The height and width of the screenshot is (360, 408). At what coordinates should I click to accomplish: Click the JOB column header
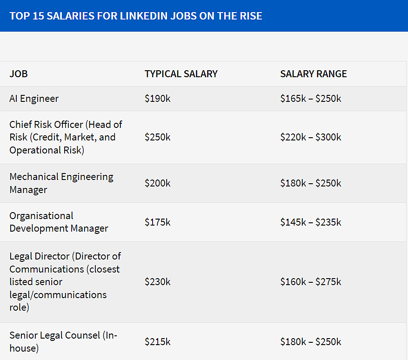19,74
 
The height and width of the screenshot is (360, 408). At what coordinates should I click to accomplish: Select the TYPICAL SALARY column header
181,74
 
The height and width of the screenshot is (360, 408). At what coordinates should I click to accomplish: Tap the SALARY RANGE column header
314,74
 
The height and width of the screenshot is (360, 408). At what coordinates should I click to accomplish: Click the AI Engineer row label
34,99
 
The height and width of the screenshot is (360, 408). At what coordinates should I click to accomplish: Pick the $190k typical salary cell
158,99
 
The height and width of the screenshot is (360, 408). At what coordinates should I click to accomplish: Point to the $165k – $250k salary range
311,99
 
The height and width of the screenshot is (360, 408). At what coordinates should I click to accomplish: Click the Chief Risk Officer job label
66,137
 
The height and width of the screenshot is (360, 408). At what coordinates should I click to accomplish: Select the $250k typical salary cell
158,137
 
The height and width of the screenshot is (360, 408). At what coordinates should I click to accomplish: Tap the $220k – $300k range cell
311,137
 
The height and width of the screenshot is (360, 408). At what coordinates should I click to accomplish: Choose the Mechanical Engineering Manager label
61,183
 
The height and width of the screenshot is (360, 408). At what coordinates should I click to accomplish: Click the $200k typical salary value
158,183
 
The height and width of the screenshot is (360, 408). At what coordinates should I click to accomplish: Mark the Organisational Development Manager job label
59,222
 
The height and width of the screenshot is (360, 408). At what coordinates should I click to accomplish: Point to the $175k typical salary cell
158,222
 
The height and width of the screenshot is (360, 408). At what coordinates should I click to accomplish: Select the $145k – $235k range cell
311,222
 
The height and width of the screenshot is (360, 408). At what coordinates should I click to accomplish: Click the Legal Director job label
65,282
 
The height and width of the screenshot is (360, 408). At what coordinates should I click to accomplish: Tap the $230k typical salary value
158,282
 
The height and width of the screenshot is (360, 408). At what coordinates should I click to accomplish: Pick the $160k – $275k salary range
311,282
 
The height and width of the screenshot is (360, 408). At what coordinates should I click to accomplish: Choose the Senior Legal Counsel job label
63,342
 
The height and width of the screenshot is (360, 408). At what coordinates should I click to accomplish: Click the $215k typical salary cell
158,342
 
